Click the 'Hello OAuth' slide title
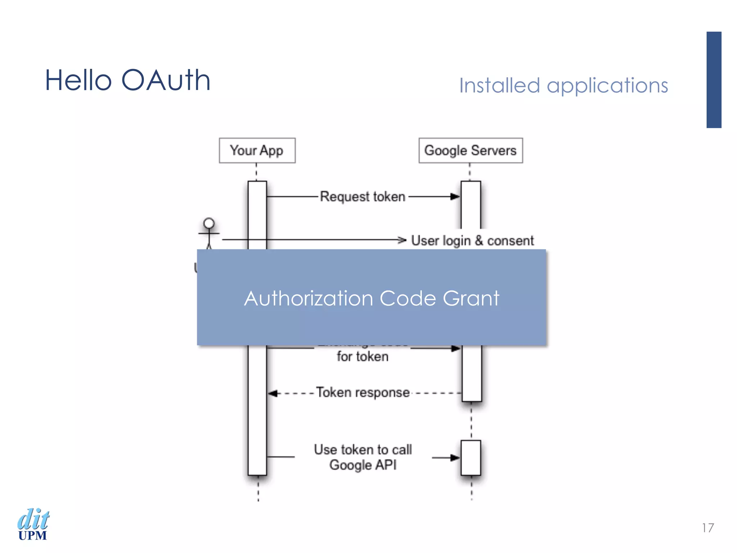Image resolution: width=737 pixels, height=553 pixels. pyautogui.click(x=127, y=80)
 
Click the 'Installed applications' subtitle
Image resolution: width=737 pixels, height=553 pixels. pyautogui.click(x=563, y=86)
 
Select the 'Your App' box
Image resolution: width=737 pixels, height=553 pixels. pyautogui.click(x=257, y=150)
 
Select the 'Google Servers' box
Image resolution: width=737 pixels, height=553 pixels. pyautogui.click(x=470, y=150)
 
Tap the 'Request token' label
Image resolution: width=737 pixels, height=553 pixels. pyautogui.click(x=362, y=197)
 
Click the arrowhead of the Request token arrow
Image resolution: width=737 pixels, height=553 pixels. pyautogui.click(x=455, y=197)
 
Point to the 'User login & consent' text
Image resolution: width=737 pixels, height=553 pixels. pyautogui.click(x=472, y=240)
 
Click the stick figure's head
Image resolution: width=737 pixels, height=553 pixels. pyautogui.click(x=209, y=223)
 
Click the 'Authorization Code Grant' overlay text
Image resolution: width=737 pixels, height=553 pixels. pyautogui.click(x=371, y=298)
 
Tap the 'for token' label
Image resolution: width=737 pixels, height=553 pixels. pyautogui.click(x=362, y=357)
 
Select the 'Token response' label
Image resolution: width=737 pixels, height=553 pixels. pyautogui.click(x=363, y=392)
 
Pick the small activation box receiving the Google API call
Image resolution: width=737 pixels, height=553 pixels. pyautogui.click(x=471, y=457)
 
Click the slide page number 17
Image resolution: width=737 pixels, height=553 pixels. pyautogui.click(x=707, y=528)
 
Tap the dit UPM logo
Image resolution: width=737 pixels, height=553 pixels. pyautogui.click(x=33, y=524)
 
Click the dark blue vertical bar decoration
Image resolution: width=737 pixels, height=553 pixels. pyautogui.click(x=714, y=80)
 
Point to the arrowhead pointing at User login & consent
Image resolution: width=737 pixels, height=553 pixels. pyautogui.click(x=402, y=240)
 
